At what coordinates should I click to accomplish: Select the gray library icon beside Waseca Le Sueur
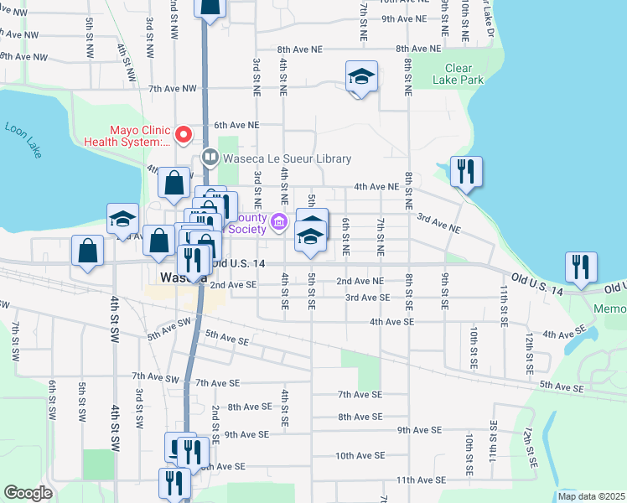[210, 157]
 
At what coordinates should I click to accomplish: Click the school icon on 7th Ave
[361, 78]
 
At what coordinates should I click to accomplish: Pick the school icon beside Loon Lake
[122, 220]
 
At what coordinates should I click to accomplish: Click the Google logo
[28, 493]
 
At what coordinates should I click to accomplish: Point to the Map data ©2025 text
[591, 496]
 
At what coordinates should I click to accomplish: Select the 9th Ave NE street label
[404, 18]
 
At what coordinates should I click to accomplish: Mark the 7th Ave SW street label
[157, 378]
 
